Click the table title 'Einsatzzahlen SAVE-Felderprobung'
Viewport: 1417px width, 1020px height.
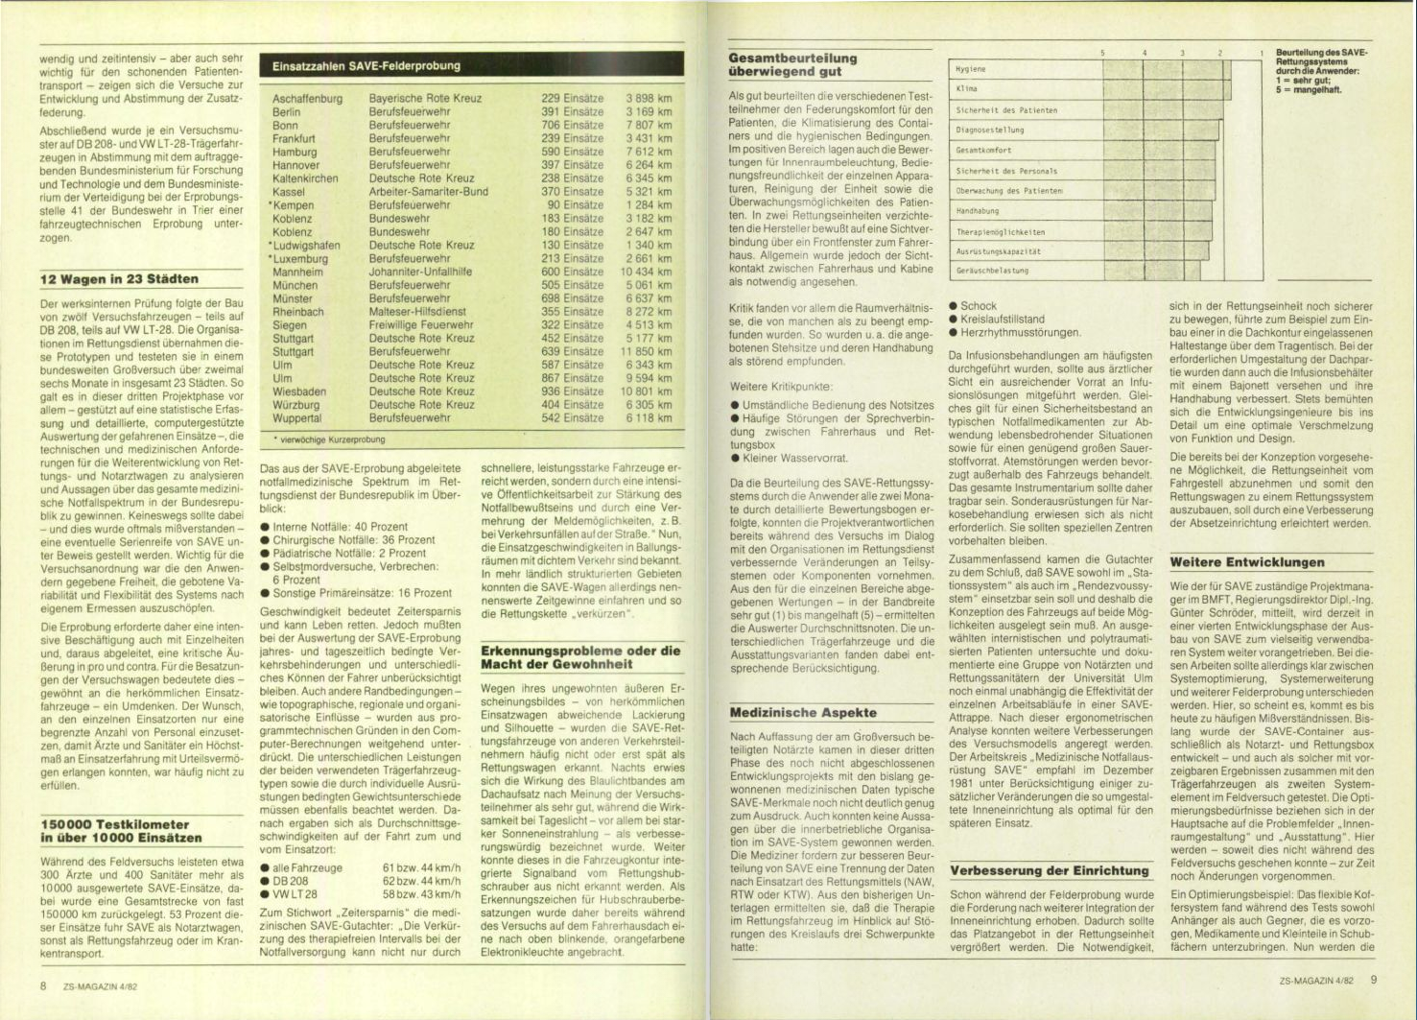coord(366,66)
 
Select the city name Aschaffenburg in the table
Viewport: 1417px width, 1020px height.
coord(307,99)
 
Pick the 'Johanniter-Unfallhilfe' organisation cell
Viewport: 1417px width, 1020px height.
coord(420,273)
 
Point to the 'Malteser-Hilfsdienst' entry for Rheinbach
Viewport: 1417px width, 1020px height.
coord(417,312)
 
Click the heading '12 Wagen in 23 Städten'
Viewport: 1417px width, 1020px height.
coord(119,280)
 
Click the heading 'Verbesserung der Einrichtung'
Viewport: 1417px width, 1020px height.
coord(1049,871)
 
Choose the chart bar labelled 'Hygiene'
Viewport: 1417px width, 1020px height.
coord(1089,69)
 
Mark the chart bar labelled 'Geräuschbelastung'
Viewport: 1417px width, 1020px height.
coord(1075,271)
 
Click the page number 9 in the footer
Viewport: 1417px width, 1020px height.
coord(1374,981)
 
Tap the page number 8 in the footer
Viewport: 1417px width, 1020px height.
coord(44,985)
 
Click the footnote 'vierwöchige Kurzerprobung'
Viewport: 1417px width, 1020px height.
coord(331,439)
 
